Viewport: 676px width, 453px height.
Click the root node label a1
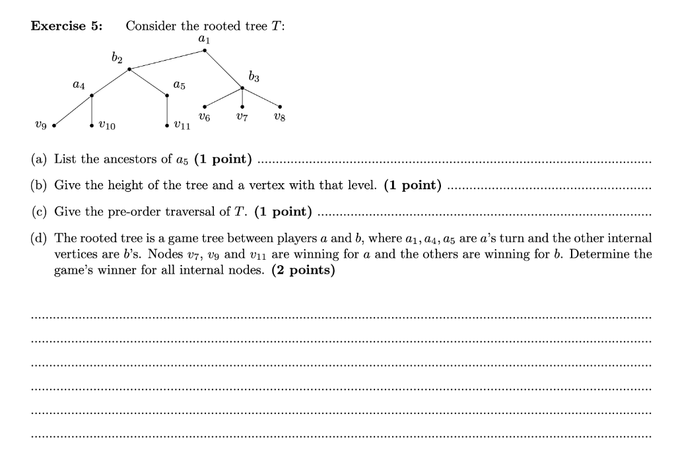click(x=204, y=41)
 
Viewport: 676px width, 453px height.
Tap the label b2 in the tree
click(x=118, y=59)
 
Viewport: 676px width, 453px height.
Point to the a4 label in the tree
click(x=79, y=85)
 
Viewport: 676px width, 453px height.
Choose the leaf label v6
click(x=205, y=117)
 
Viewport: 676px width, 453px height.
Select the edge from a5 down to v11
click(x=167, y=109)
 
